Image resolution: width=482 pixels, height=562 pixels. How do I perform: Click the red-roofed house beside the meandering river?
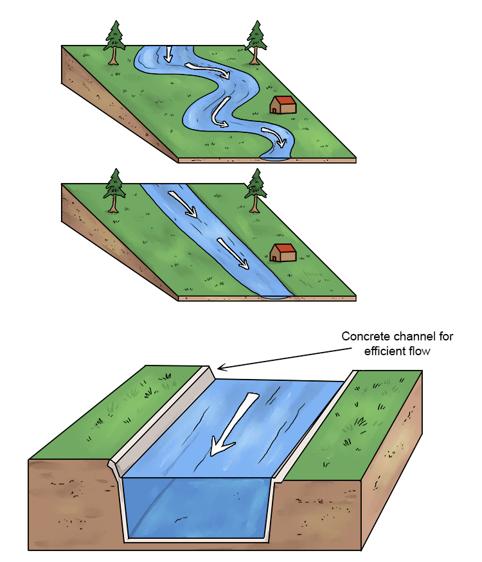pos(283,105)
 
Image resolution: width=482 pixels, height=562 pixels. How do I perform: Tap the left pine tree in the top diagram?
pos(114,42)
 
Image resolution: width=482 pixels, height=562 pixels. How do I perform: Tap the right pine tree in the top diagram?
pos(256,42)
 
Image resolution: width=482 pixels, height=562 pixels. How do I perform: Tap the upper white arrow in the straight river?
pos(183,204)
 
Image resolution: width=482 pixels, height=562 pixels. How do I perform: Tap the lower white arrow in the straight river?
pos(233,253)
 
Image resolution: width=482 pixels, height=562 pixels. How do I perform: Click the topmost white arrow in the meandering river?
pos(168,54)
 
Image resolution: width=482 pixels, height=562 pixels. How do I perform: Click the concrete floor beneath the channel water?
pos(196,539)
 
